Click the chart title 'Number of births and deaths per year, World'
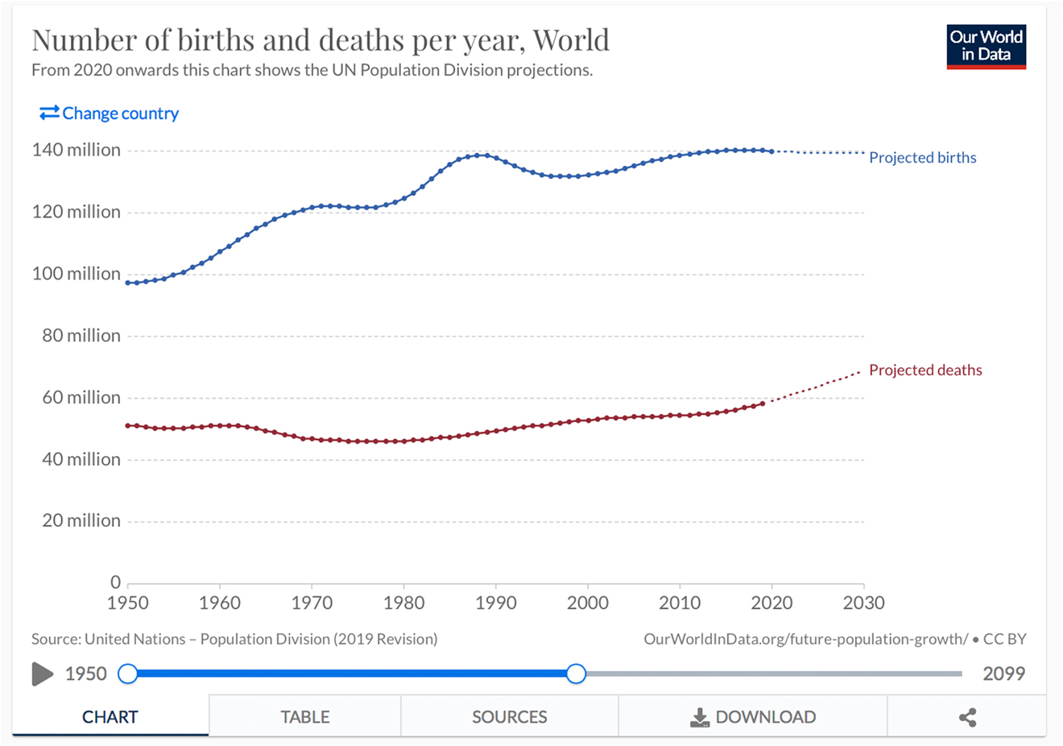321,40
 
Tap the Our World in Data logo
986,47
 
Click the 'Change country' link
110,114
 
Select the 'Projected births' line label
922,158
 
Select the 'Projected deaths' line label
925,371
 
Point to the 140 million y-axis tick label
77,151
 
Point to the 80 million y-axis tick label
81,336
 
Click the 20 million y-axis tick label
81,521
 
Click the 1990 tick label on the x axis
496,603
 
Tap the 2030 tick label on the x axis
863,603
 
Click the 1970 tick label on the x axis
312,603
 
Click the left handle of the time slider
128,673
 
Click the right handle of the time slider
576,673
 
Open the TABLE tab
304,717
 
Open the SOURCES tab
509,717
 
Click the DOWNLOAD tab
753,717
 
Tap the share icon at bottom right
967,717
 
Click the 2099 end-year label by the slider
1003,674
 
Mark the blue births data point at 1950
128,283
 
